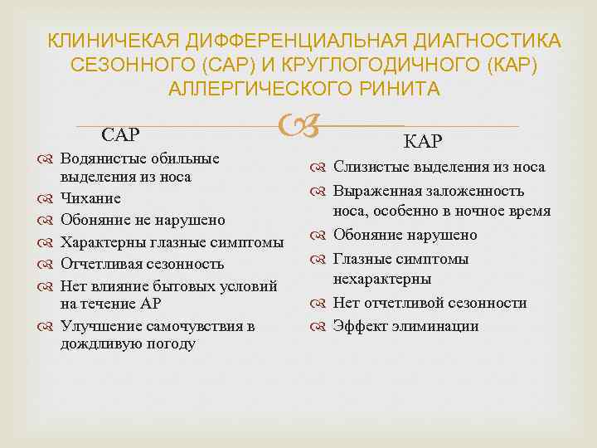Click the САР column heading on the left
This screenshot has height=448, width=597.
click(120, 134)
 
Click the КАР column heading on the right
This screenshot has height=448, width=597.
click(422, 143)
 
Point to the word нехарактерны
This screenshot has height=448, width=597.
click(382, 279)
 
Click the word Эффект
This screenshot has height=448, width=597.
click(359, 326)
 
